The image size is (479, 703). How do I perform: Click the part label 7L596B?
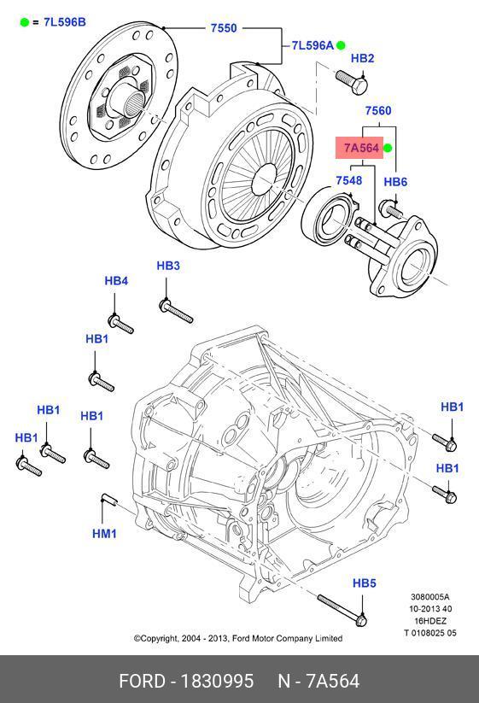pyautogui.click(x=65, y=22)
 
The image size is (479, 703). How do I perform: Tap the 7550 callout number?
pyautogui.click(x=224, y=28)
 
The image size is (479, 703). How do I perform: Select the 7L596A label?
pyautogui.click(x=313, y=45)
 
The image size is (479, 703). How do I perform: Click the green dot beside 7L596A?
pyautogui.click(x=341, y=45)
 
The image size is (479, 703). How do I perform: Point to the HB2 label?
pyautogui.click(x=362, y=58)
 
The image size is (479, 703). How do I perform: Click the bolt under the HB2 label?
pyautogui.click(x=352, y=83)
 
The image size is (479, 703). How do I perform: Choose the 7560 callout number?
pyautogui.click(x=377, y=110)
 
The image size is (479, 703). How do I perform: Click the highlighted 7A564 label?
pyautogui.click(x=361, y=148)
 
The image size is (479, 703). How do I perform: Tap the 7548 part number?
pyautogui.click(x=349, y=180)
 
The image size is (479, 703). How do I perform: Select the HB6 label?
pyautogui.click(x=395, y=182)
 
